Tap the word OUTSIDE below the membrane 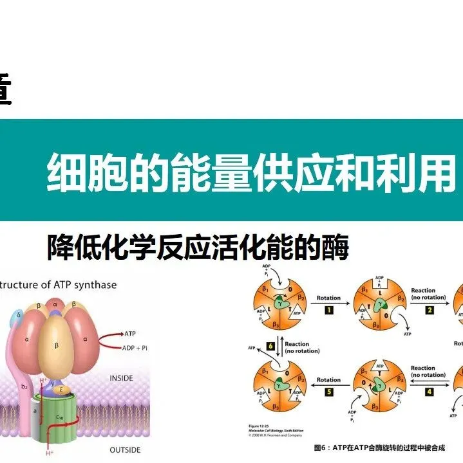(x=125, y=449)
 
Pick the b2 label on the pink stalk (x=24, y=386)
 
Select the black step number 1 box (x=328, y=311)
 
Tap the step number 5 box (x=328, y=392)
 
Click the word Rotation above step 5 (x=328, y=379)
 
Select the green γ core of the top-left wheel (x=282, y=301)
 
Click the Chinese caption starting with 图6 (x=379, y=448)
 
